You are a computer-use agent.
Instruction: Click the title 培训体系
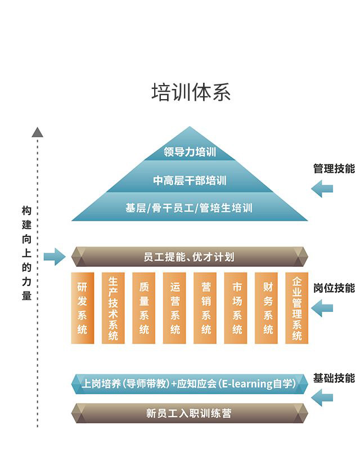(191, 92)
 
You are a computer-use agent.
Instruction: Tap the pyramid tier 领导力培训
(190, 152)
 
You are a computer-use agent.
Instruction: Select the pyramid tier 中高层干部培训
(190, 181)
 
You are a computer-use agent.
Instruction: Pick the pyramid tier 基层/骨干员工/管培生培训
(189, 208)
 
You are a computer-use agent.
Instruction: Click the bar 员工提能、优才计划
(189, 257)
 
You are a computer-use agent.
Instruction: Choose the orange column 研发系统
(83, 308)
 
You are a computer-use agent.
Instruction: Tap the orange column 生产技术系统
(113, 308)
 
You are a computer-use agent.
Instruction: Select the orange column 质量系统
(144, 308)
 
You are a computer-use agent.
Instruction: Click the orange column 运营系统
(174, 308)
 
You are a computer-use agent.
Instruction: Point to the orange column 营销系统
(205, 308)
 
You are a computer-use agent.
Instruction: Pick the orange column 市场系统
(236, 308)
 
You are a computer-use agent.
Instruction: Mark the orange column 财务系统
(267, 308)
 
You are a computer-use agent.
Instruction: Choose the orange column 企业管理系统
(297, 308)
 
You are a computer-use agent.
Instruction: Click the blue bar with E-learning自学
(189, 384)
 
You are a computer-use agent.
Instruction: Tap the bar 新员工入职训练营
(189, 414)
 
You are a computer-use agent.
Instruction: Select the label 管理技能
(334, 168)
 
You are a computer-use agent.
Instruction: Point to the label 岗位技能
(334, 288)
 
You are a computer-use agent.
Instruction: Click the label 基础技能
(334, 378)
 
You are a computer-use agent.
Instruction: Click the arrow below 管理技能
(322, 189)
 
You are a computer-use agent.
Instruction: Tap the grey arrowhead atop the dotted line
(37, 132)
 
